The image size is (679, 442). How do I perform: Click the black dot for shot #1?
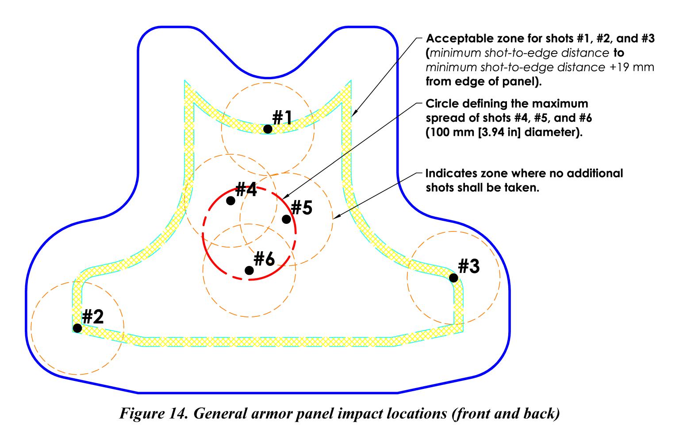267,129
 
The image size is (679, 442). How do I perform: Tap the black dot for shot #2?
77,328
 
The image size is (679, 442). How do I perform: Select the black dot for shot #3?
453,278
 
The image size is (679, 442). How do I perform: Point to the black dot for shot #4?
230,200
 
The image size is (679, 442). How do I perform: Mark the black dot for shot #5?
286,219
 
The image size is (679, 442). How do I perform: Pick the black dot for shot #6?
249,270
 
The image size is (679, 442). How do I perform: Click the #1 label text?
282,118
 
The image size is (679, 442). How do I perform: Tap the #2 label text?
93,316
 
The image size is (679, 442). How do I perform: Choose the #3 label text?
468,266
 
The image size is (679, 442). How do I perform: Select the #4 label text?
246,190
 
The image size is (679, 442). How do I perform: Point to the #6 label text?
265,259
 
